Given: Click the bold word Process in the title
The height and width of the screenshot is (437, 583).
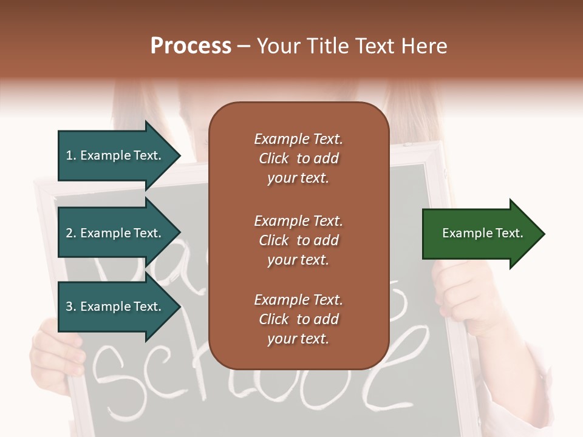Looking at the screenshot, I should point(191,46).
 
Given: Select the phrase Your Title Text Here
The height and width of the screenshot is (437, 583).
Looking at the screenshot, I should point(352,46).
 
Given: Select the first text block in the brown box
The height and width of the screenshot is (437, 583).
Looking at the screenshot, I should point(298,158).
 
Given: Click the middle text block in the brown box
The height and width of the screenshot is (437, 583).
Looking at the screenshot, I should point(298,240).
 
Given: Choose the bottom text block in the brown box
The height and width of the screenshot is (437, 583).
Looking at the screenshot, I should point(298,319).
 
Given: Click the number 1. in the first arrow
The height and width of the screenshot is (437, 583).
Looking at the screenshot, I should point(71,155).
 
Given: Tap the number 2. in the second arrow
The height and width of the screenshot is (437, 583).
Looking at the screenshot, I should point(71,233).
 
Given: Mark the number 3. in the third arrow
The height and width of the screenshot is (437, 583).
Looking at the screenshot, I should point(71,307).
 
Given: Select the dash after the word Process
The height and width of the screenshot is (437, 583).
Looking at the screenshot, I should point(244,47).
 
